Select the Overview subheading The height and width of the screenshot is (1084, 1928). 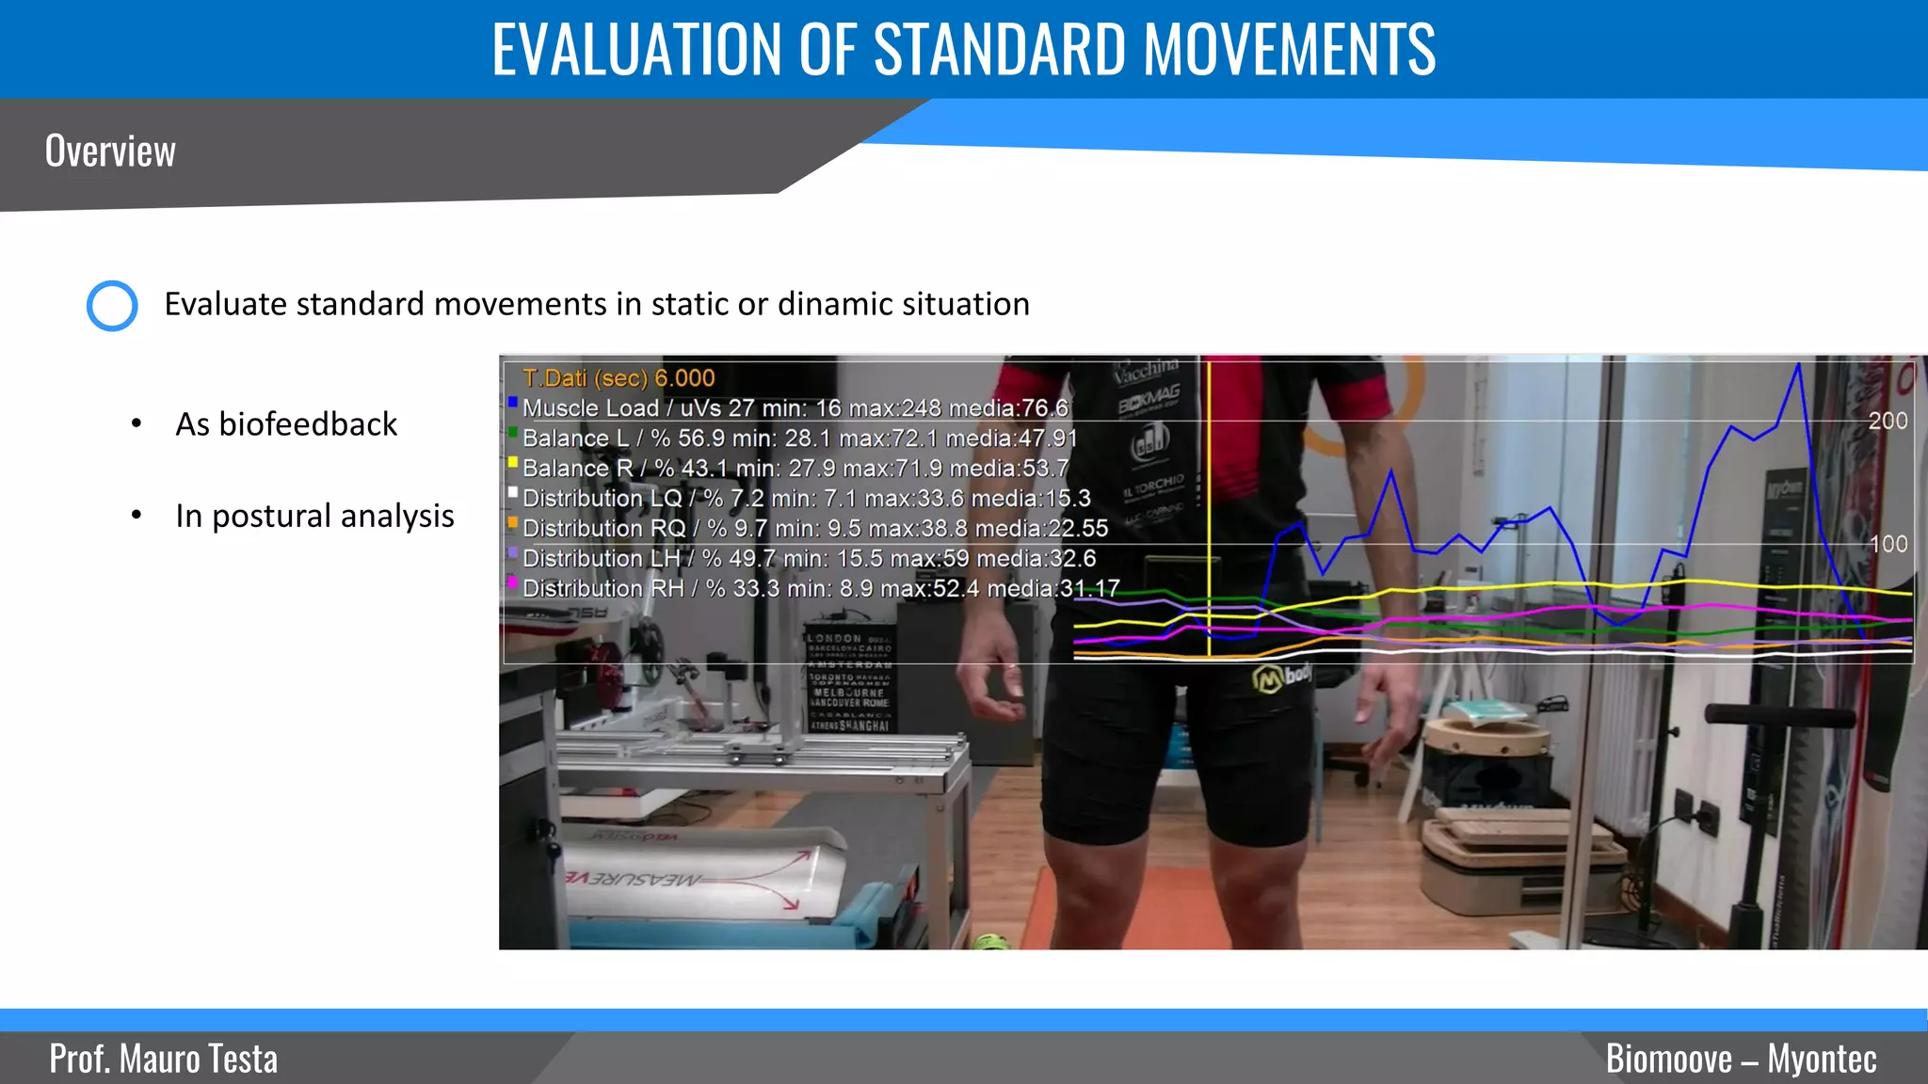(x=110, y=151)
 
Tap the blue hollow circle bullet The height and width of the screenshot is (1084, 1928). (x=112, y=306)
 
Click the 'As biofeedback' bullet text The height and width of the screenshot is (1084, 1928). (x=286, y=424)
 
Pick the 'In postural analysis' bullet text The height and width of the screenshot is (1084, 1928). (x=314, y=516)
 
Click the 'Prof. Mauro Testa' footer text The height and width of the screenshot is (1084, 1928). (x=164, y=1059)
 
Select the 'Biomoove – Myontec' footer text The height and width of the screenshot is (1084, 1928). (x=1741, y=1059)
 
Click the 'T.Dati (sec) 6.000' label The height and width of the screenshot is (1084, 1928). (x=619, y=378)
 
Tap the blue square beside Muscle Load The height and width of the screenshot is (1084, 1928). (x=513, y=403)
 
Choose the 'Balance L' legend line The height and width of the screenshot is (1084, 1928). (x=799, y=438)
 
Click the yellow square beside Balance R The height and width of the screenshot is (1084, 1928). (x=513, y=463)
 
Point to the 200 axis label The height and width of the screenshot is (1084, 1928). (x=1888, y=421)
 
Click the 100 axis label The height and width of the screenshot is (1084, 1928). (x=1888, y=544)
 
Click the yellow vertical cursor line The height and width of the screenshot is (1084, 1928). (x=1209, y=508)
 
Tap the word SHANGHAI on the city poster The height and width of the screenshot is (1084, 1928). (x=863, y=725)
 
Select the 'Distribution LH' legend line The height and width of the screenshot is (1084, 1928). (x=809, y=559)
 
